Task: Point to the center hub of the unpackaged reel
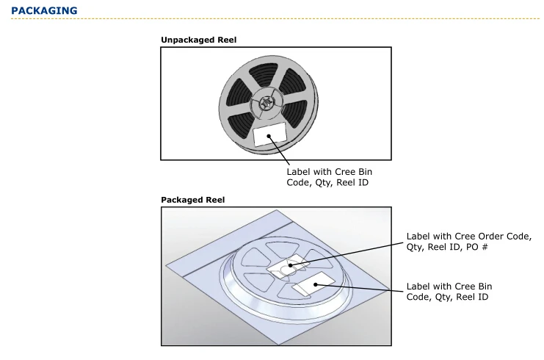click(264, 104)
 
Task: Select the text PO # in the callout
click(487, 248)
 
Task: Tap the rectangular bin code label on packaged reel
click(313, 287)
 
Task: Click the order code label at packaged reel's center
click(288, 268)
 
